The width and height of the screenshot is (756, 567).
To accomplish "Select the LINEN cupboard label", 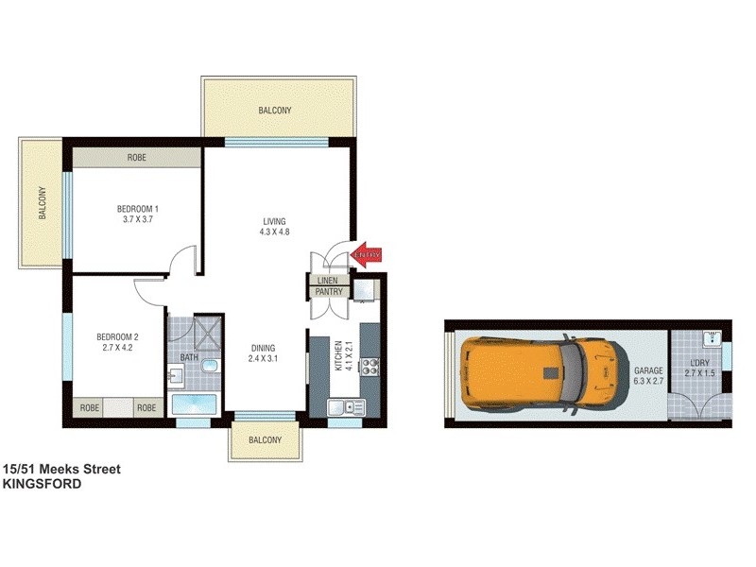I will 327,281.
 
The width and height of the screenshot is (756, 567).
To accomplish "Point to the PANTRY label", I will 328,293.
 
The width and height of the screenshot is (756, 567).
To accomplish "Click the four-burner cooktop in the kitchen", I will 368,364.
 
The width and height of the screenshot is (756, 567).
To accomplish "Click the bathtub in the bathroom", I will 195,405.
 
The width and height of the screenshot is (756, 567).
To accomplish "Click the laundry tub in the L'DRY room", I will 713,339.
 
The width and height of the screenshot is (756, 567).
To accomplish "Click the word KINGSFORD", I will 42,483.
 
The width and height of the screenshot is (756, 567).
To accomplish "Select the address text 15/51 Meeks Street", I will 61,469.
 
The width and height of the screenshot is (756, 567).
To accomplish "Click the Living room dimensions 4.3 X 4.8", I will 275,233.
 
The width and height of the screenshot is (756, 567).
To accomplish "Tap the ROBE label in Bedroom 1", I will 138,159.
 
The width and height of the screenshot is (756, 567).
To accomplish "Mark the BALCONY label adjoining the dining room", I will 266,440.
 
